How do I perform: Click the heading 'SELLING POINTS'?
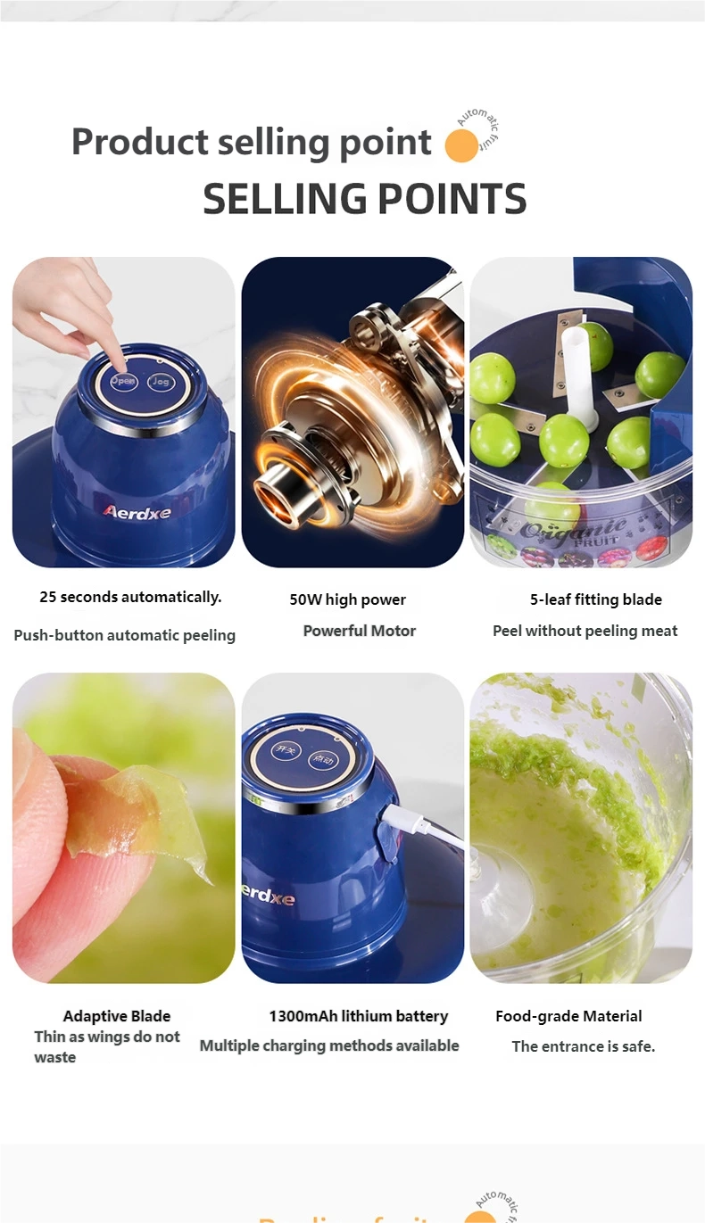tap(364, 199)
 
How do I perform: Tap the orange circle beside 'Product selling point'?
tap(461, 145)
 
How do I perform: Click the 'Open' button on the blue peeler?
tap(123, 381)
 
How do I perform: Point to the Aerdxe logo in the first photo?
tap(137, 512)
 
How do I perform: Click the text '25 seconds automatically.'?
tap(130, 598)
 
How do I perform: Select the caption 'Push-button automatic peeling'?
tap(125, 635)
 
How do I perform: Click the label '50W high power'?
tap(347, 599)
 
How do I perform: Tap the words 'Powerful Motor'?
tap(359, 631)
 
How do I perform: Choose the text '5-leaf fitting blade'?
tap(595, 599)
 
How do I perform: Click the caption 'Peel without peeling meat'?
tap(585, 631)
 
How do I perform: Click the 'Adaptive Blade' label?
tap(116, 1016)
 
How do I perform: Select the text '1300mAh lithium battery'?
tap(358, 1016)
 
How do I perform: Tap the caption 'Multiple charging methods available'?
tap(328, 1045)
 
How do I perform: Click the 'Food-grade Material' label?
tap(568, 1016)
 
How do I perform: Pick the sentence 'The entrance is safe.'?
tap(583, 1046)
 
